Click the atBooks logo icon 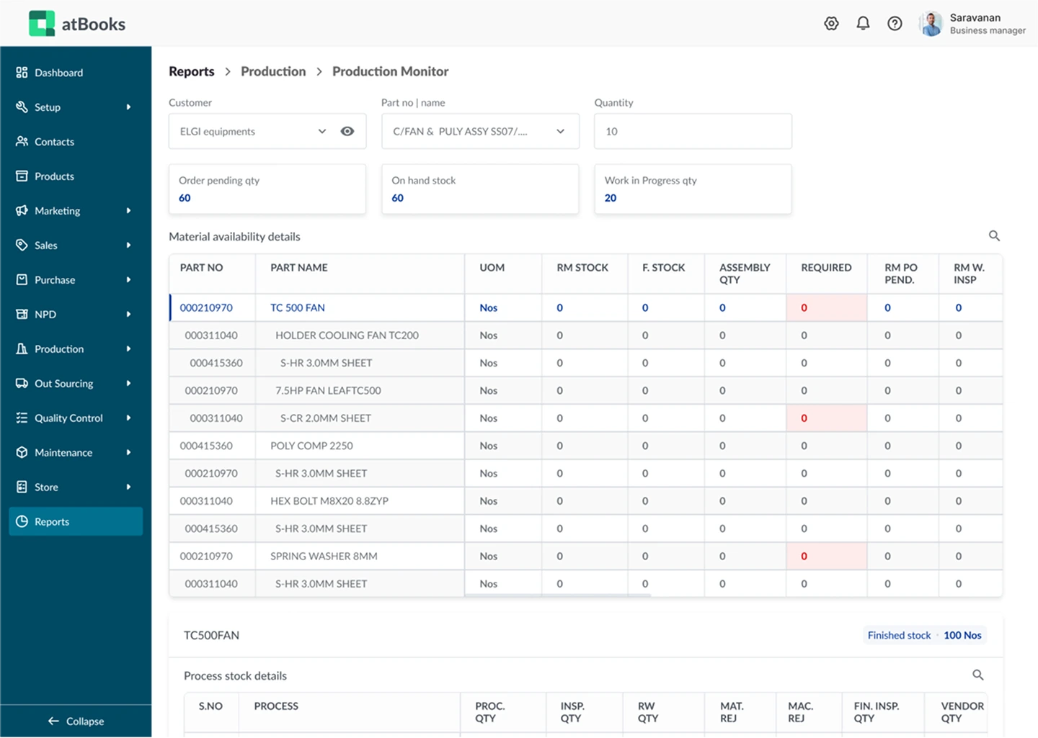[x=42, y=24]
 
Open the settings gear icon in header [x=831, y=24]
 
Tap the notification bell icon [x=863, y=24]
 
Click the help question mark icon [x=895, y=24]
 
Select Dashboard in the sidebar [x=58, y=73]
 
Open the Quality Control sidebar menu [x=68, y=418]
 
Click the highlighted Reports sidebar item [x=52, y=522]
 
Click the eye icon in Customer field [x=347, y=131]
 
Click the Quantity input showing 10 [x=692, y=131]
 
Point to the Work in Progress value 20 [x=611, y=198]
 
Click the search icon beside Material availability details [x=994, y=236]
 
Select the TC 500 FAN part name [x=298, y=307]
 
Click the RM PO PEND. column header [x=900, y=274]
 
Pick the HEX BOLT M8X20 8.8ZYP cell [x=329, y=501]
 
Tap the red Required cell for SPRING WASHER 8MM [x=825, y=557]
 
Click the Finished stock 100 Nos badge [x=924, y=635]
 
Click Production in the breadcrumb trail [x=273, y=71]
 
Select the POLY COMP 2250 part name [x=311, y=446]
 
